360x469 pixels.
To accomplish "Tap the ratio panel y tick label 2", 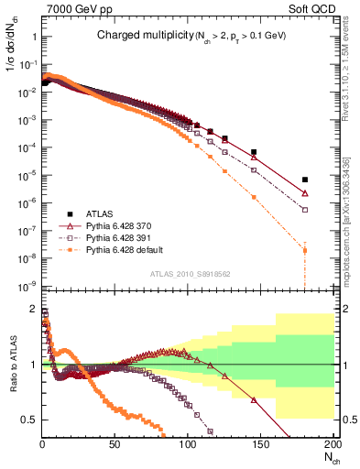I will [x=32, y=309].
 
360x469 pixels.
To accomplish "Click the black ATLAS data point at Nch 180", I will [x=304, y=180].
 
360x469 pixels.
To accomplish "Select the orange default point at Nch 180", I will [x=304, y=250].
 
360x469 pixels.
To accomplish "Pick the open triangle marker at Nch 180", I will [x=304, y=193].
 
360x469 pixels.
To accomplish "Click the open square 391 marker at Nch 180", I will [x=304, y=210].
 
